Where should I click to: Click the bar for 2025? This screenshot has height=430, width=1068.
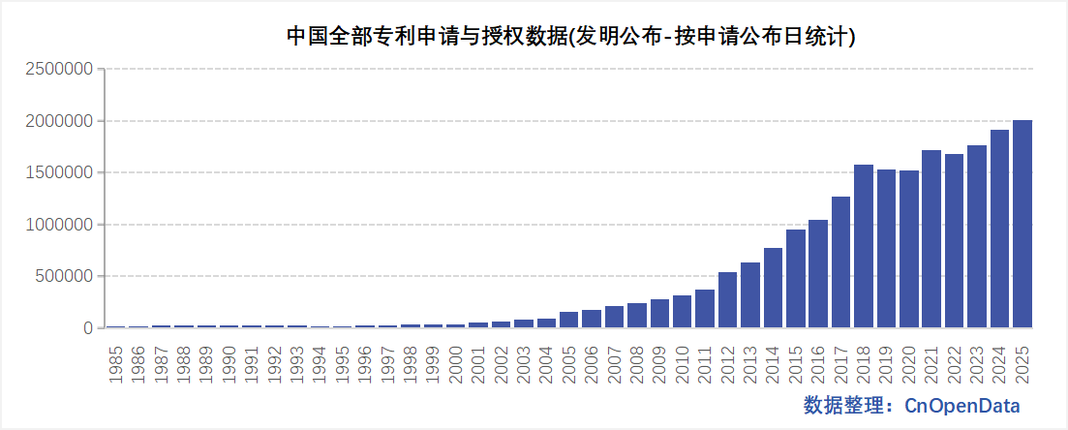(1022, 224)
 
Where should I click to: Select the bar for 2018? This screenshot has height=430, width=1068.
(864, 246)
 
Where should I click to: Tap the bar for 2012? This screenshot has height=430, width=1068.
(728, 300)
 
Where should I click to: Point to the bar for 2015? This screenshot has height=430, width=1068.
(796, 279)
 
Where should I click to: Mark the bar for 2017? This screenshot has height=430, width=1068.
(841, 262)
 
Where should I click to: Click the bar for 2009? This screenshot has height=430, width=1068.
(660, 314)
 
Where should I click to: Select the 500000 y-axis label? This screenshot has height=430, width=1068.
(65, 276)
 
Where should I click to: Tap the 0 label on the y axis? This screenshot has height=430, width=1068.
(88, 328)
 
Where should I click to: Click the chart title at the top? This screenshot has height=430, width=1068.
(571, 37)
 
